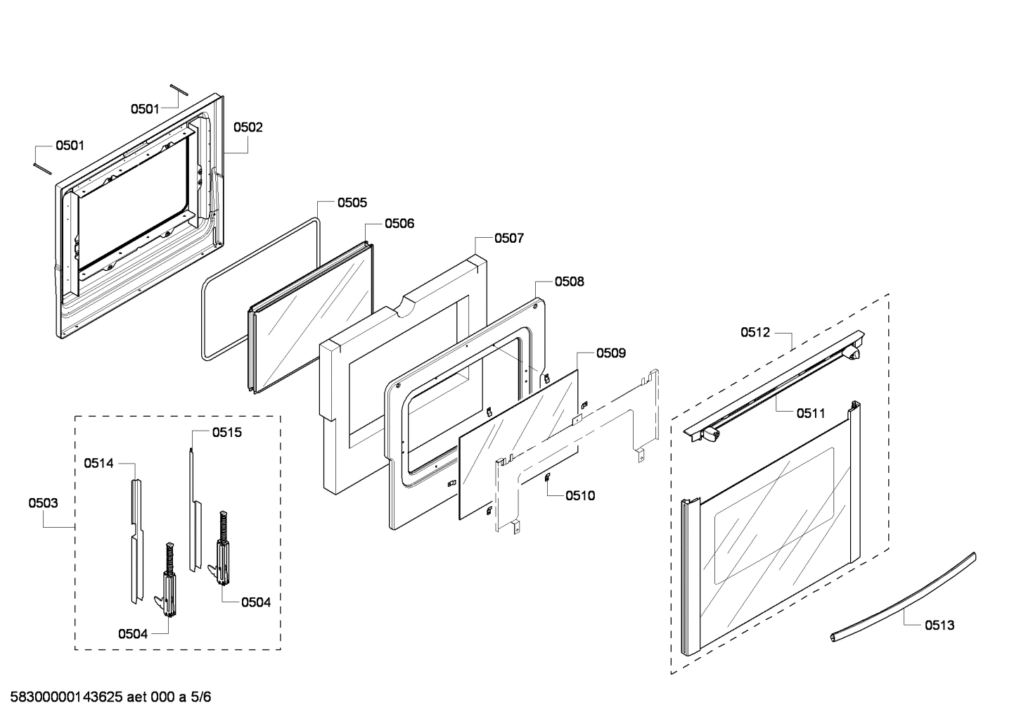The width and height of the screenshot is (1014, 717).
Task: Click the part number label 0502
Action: coord(248,127)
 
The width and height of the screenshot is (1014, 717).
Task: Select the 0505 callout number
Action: coord(352,203)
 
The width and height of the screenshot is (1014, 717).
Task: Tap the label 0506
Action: coord(399,224)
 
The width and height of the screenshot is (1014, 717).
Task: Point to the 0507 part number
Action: coord(508,239)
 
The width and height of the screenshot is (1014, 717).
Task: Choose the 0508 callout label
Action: coord(569,281)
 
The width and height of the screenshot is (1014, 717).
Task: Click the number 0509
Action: coord(610,353)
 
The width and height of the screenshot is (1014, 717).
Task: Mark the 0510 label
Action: coord(580,496)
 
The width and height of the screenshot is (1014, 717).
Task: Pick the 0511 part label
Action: coord(811,414)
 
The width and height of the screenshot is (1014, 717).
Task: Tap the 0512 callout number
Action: coord(755,332)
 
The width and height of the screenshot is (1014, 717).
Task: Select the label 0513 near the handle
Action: coord(939,625)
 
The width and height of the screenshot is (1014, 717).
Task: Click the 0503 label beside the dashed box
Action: coord(43,503)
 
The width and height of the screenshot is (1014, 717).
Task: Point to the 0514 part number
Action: coord(98,463)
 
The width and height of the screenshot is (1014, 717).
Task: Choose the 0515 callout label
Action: coord(226,433)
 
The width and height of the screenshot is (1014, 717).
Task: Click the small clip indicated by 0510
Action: coord(546,478)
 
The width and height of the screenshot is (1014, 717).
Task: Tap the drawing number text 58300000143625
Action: coord(67,697)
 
